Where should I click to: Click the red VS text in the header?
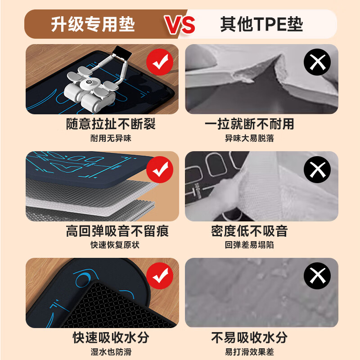tap(180, 25)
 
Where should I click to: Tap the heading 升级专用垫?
tap(94, 24)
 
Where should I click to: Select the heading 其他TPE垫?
tap(261, 24)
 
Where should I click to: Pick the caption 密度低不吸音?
tap(249, 231)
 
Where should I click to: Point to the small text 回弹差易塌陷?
tap(249, 245)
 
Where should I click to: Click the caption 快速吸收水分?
tap(111, 337)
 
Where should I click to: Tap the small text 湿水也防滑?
tap(111, 352)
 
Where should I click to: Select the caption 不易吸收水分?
tap(249, 337)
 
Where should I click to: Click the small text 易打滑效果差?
tap(249, 352)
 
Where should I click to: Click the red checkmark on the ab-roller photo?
tap(160, 63)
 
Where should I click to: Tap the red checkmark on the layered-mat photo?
tap(160, 170)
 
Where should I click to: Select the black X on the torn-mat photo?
tap(317, 63)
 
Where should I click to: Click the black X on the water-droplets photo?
tap(317, 275)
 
